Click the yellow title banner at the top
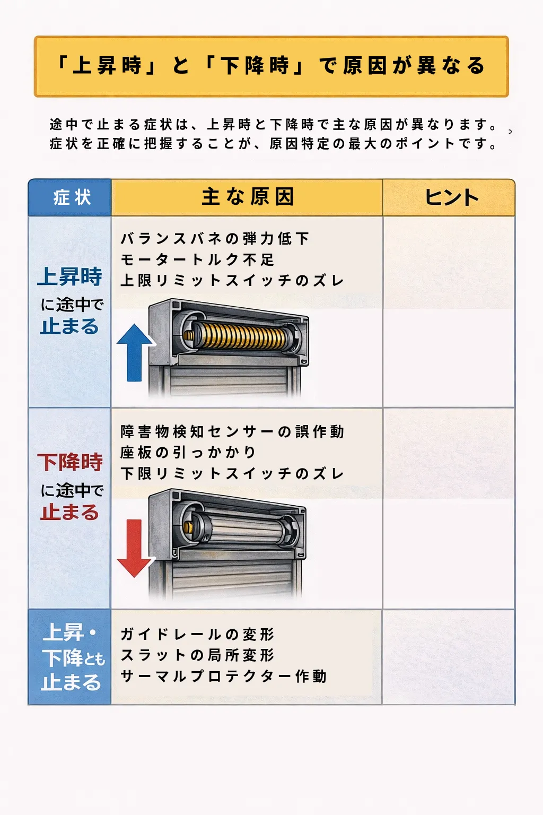[x=271, y=66]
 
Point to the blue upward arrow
[x=134, y=352]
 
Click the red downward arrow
[x=134, y=548]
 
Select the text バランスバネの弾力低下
[x=215, y=239]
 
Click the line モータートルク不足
[x=197, y=260]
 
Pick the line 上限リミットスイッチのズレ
[x=232, y=281]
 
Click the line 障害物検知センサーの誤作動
[x=232, y=431]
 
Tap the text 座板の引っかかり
[x=188, y=452]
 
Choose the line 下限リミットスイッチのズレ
[x=232, y=473]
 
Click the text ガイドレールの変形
[x=197, y=634]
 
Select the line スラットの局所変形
[x=197, y=655]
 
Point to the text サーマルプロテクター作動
[x=223, y=676]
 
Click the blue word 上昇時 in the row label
[x=70, y=276]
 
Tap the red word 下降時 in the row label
[x=70, y=462]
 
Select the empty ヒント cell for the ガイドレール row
[x=449, y=657]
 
